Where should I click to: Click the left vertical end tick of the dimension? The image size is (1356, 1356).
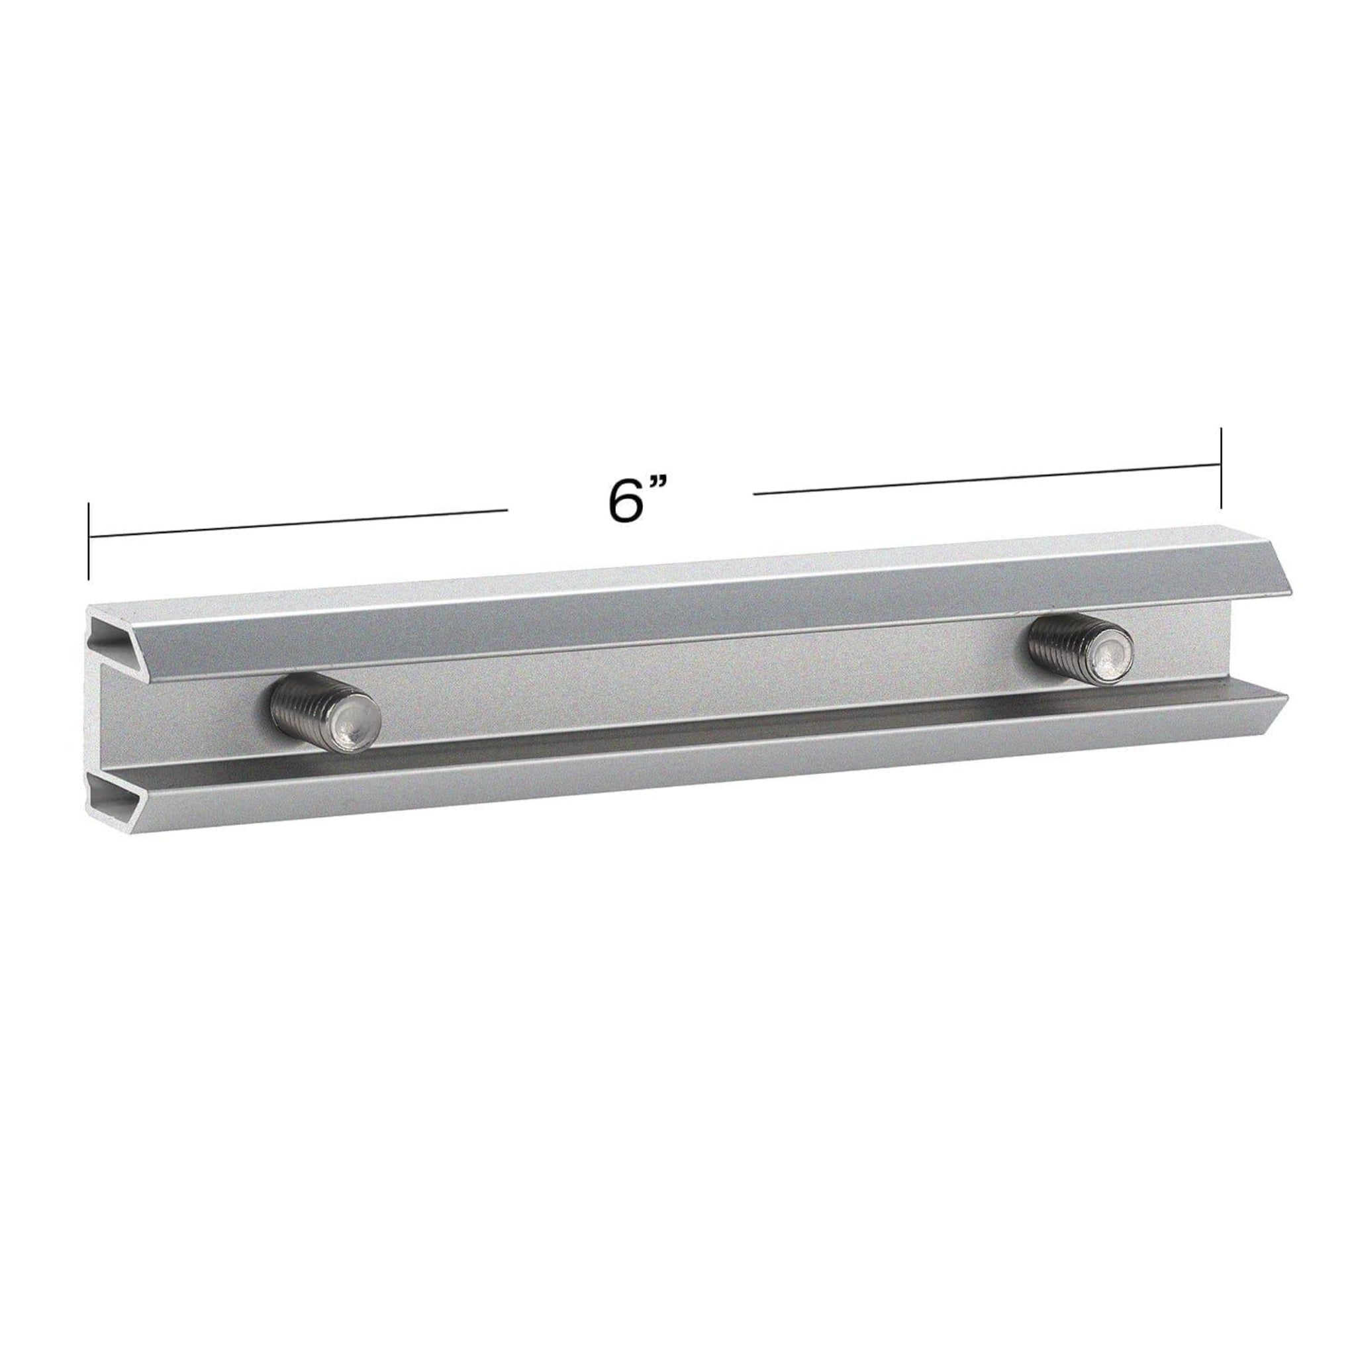(89, 540)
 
